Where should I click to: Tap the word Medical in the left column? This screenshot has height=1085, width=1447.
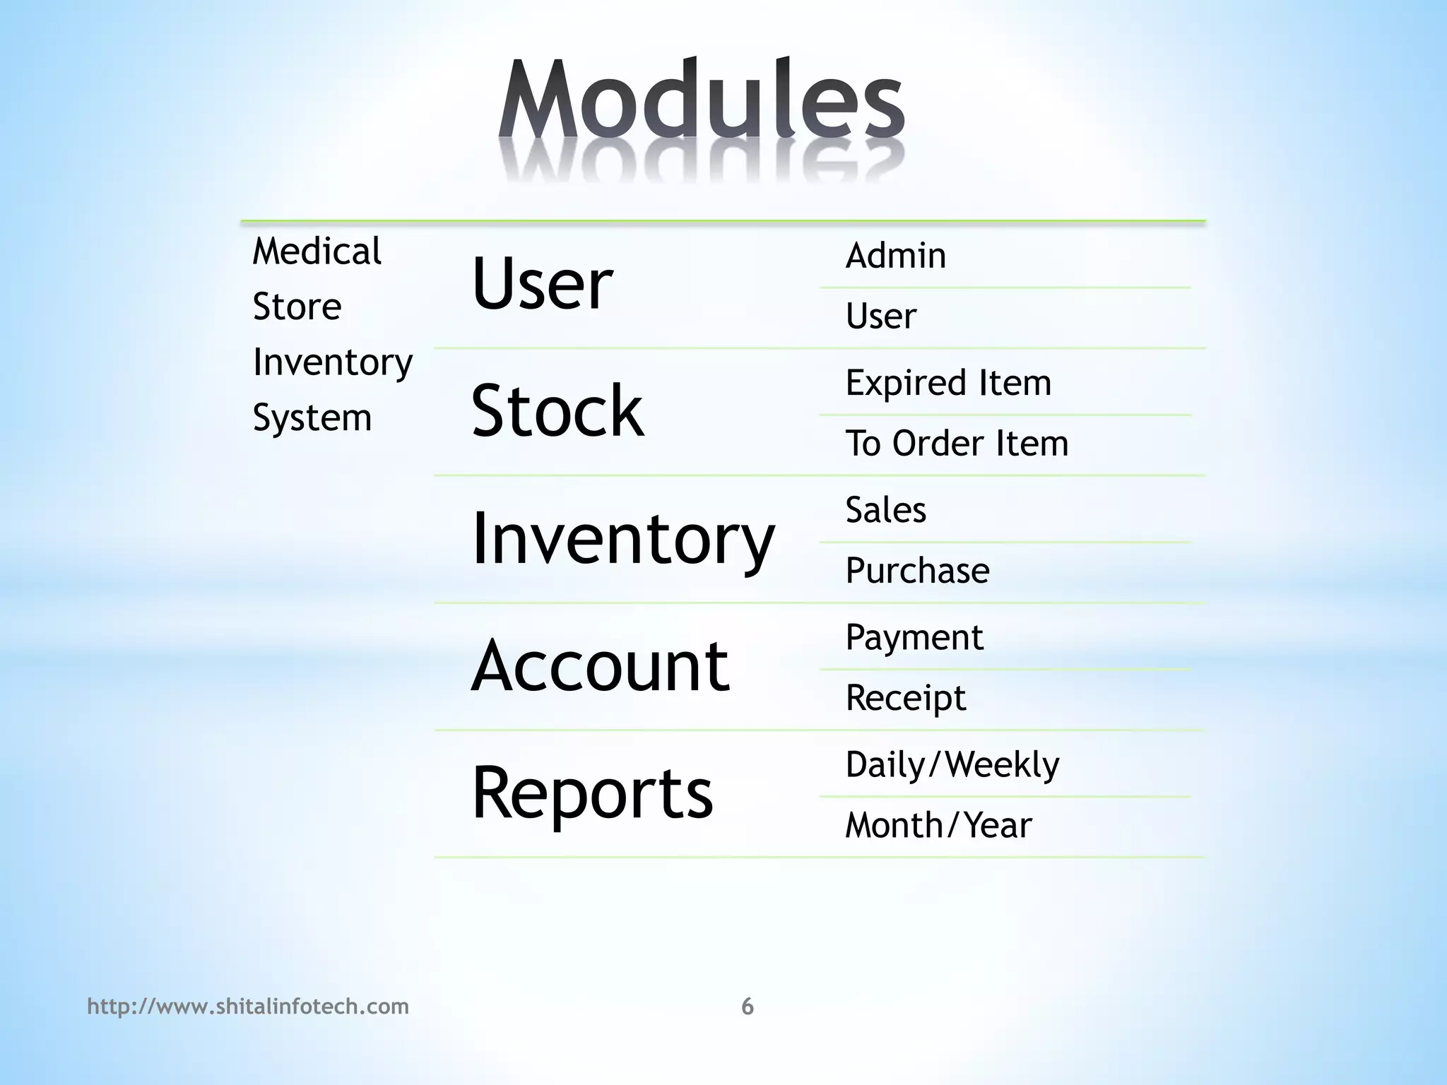(x=317, y=251)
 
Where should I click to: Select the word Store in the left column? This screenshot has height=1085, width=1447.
(x=297, y=307)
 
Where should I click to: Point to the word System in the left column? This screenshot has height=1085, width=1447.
(x=312, y=417)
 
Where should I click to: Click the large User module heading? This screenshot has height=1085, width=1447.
(x=541, y=284)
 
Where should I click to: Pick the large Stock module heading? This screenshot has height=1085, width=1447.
(x=557, y=411)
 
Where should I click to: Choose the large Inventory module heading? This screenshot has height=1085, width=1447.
(x=622, y=539)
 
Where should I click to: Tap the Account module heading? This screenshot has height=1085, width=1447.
(x=600, y=665)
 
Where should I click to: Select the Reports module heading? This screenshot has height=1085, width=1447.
(x=592, y=793)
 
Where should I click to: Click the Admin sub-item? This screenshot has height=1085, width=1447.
(x=895, y=256)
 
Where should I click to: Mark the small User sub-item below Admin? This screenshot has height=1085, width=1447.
(x=880, y=316)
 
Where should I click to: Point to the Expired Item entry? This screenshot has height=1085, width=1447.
(x=948, y=384)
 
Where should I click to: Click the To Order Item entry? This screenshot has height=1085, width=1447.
(x=957, y=444)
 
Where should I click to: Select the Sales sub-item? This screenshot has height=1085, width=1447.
(x=885, y=510)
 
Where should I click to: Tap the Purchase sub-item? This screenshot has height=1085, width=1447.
(x=917, y=571)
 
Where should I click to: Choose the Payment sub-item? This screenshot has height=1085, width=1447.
(x=914, y=638)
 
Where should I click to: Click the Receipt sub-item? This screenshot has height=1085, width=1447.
(x=905, y=698)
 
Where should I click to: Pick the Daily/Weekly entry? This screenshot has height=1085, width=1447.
(x=952, y=765)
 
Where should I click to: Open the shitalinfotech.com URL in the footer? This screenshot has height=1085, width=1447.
(x=248, y=1006)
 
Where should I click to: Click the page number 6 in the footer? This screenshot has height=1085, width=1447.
(x=748, y=1006)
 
